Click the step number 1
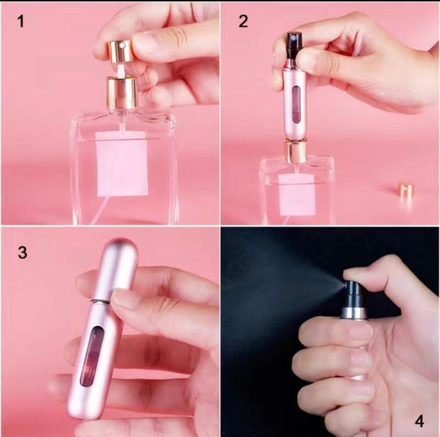tap(21, 22)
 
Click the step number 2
tap(243, 21)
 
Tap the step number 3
tap(22, 253)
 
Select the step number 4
tap(419, 421)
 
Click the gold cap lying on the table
tap(406, 191)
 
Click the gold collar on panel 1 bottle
tap(121, 93)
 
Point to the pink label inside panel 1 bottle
tap(122, 163)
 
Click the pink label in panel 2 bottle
tap(297, 194)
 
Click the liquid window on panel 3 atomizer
tap(89, 358)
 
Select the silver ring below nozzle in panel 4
tap(353, 312)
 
